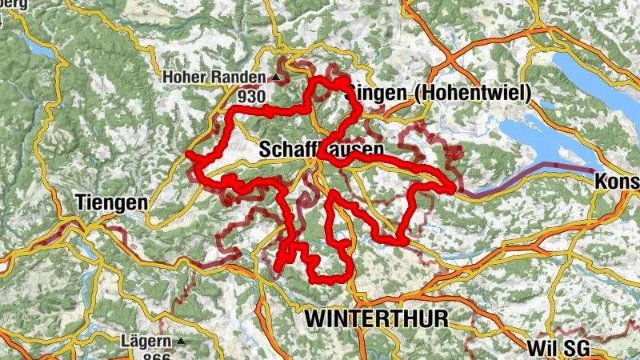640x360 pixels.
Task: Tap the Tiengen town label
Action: pos(112,202)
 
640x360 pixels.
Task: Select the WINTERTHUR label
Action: pos(376,318)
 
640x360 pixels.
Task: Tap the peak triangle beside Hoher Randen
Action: pos(276,78)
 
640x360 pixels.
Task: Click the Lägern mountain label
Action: pos(144,342)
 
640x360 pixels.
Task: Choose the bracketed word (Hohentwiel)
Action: pos(472,94)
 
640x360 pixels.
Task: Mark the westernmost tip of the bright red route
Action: pos(187,154)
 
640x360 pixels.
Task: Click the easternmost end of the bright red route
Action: pos(454,189)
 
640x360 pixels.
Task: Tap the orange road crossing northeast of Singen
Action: pos(453,60)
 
